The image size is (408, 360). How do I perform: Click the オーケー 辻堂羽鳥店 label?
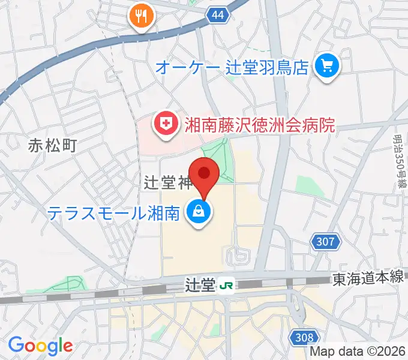coord(232,66)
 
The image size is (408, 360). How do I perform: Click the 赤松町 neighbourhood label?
coord(53,145)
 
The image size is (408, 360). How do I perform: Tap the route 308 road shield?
coord(303,338)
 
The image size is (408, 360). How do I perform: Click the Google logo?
coord(40,345)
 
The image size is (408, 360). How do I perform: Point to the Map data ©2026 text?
coord(358,352)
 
